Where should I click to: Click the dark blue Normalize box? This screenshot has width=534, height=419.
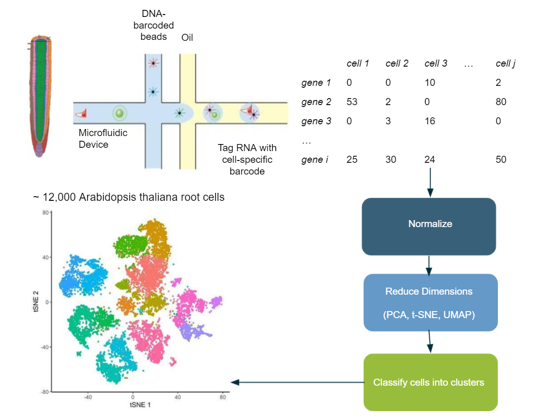click(429, 227)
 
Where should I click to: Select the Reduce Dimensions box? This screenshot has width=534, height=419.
click(430, 303)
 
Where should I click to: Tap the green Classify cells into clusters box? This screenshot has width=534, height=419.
click(430, 382)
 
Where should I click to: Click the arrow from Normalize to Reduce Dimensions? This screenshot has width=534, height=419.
click(429, 265)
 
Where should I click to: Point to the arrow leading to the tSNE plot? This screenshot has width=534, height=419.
click(298, 382)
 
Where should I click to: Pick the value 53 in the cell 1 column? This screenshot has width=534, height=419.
click(352, 102)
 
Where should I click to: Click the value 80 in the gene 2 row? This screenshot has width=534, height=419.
click(501, 102)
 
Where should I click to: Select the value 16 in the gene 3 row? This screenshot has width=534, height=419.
click(430, 121)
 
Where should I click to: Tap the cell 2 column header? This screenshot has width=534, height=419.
click(397, 63)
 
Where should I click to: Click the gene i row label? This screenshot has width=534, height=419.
click(315, 160)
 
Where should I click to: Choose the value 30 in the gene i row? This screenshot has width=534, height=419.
click(390, 160)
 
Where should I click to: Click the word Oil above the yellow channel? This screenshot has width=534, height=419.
click(187, 38)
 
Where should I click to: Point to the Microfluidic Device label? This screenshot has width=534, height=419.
click(103, 138)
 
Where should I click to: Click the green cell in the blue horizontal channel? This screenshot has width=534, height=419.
click(119, 113)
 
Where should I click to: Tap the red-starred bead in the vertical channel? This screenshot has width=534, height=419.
click(153, 63)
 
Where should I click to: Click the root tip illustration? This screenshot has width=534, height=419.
click(40, 96)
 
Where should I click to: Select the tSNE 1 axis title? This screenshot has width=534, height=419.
click(140, 405)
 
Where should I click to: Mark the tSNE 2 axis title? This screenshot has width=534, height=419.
click(36, 302)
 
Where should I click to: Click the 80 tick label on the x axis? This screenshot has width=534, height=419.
click(222, 397)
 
